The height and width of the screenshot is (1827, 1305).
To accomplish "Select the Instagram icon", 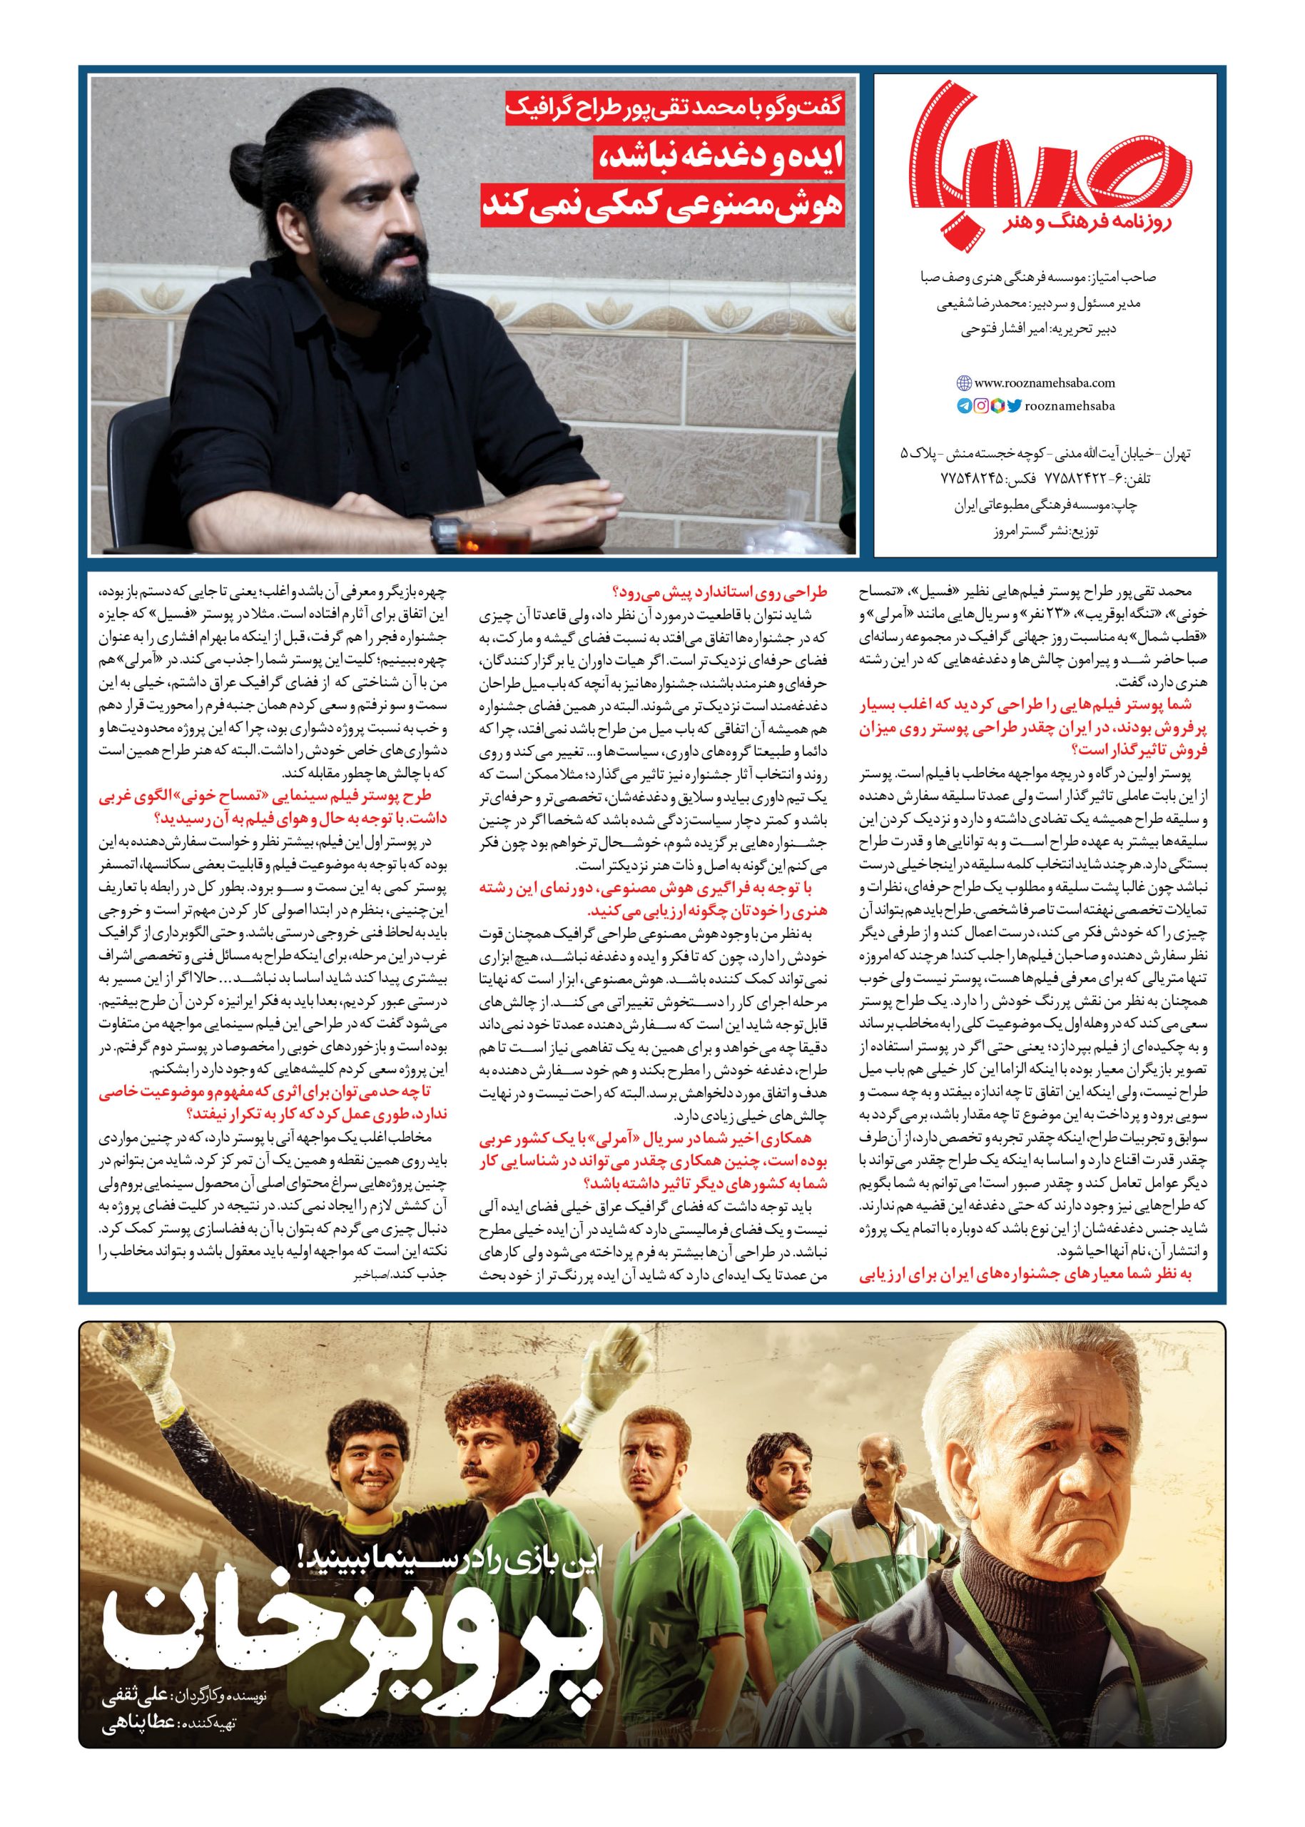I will click(x=981, y=407).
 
